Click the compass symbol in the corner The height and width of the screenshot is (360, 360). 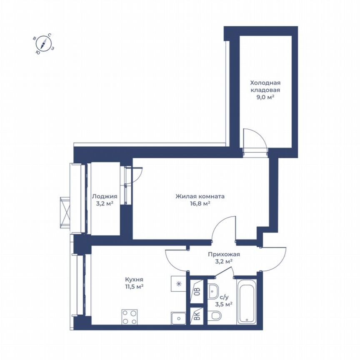[43, 43]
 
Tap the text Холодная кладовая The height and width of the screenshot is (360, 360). [265, 86]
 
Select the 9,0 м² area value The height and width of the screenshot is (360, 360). [265, 97]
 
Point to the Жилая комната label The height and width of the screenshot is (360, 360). [200, 196]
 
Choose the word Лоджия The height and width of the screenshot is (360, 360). [105, 196]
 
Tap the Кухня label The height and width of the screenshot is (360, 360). [135, 279]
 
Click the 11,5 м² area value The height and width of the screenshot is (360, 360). [135, 287]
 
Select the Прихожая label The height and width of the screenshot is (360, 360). [224, 254]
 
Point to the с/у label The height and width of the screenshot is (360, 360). [224, 297]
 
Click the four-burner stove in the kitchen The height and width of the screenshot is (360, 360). [130, 317]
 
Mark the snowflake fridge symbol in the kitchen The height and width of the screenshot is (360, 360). [178, 284]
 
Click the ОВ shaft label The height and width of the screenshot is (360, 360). [197, 291]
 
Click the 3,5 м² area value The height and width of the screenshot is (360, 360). [224, 304]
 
